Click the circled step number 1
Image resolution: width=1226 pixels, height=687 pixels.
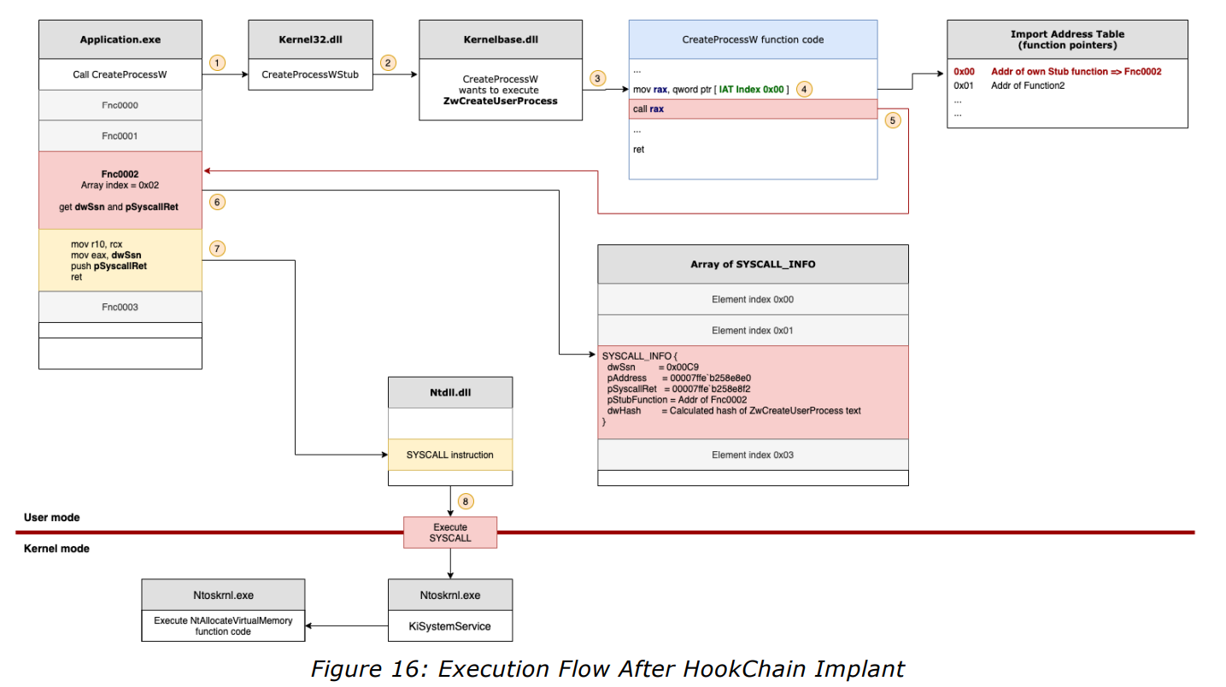pyautogui.click(x=218, y=62)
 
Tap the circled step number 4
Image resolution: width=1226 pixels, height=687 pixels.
pyautogui.click(x=803, y=88)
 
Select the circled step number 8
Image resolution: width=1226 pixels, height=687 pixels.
pyautogui.click(x=464, y=501)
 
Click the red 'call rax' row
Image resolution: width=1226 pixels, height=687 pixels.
pyautogui.click(x=753, y=109)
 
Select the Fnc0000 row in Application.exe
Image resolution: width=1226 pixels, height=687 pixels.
pyautogui.click(x=120, y=105)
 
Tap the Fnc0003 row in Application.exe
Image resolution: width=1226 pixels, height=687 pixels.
pyautogui.click(x=120, y=307)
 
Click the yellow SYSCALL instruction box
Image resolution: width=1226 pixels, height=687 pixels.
pyautogui.click(x=450, y=455)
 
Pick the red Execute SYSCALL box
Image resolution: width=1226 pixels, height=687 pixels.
pyautogui.click(x=450, y=532)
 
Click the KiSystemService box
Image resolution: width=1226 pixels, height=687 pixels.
pyautogui.click(x=450, y=626)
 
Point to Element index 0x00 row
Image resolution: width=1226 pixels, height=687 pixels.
pyautogui.click(x=753, y=300)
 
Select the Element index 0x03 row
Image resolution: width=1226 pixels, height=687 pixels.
pyautogui.click(x=753, y=455)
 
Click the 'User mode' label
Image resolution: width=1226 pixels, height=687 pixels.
pyautogui.click(x=52, y=517)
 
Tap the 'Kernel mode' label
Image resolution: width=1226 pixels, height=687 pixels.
pyautogui.click(x=56, y=548)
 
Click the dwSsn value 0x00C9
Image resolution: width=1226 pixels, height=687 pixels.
pyautogui.click(x=683, y=366)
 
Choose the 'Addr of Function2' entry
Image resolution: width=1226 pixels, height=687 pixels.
pyautogui.click(x=1027, y=85)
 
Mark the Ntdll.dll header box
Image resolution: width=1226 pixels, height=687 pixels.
pyautogui.click(x=450, y=392)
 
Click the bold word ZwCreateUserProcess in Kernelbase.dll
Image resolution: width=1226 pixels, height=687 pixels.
pyautogui.click(x=501, y=101)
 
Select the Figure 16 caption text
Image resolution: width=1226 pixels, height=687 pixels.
pyautogui.click(x=607, y=668)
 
